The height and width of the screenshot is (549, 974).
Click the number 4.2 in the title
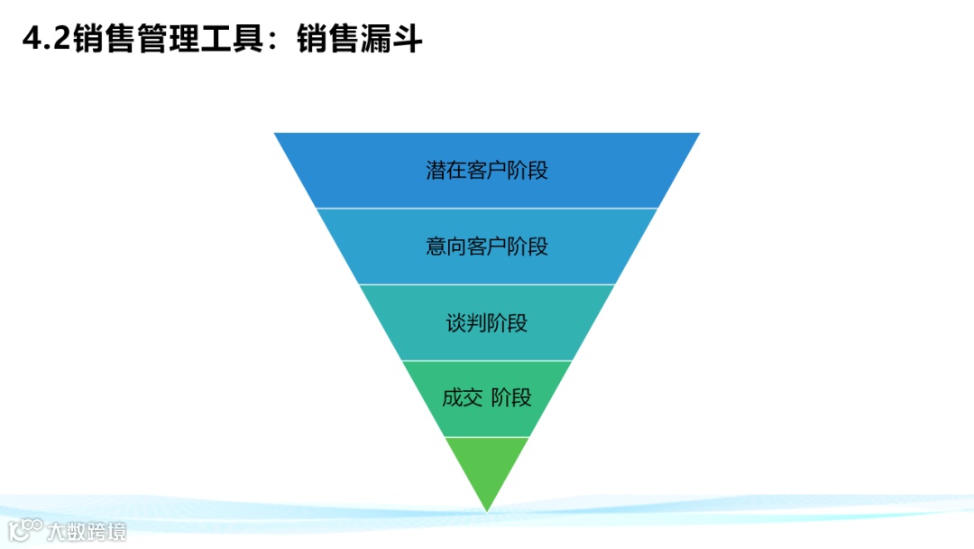(45, 39)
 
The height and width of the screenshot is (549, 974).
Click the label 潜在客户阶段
(487, 171)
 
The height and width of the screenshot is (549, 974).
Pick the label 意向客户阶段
(487, 247)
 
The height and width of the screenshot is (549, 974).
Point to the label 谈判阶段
(487, 322)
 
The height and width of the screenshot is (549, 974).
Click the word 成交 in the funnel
(463, 397)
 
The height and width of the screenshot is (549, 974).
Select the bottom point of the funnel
(487, 510)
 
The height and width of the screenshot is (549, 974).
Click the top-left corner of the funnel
(276, 135)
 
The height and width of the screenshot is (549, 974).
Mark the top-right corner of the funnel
(698, 135)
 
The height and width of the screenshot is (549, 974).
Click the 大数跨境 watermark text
(87, 530)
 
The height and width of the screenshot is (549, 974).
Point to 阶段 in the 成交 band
(511, 397)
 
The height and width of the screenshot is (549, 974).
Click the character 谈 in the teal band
(456, 322)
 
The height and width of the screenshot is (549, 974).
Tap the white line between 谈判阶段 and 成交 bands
(487, 360)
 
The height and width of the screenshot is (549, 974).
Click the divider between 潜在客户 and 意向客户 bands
(487, 209)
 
